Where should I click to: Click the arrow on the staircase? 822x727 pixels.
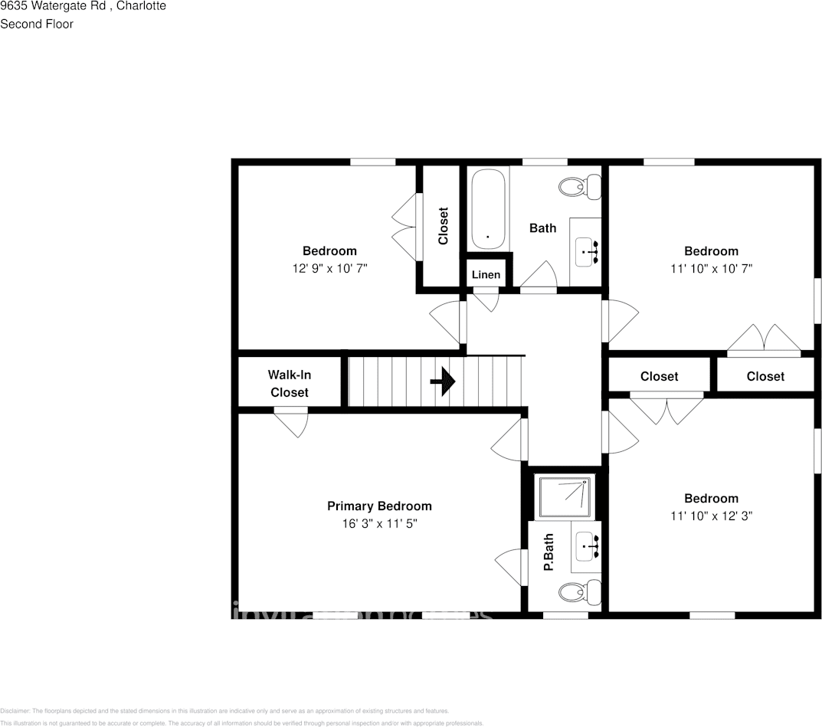point(444,382)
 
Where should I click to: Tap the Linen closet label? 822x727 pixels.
point(486,275)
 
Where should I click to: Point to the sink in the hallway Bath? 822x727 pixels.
point(588,251)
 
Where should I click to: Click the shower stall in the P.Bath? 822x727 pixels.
point(565,496)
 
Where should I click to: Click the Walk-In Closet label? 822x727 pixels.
point(289,384)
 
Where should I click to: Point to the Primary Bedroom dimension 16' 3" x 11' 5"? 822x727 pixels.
point(379,524)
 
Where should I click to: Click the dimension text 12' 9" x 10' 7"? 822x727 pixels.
point(329,269)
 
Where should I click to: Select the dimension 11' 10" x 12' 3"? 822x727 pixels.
point(711,516)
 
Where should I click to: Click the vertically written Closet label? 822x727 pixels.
point(443,227)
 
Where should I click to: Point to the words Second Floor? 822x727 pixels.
point(37,24)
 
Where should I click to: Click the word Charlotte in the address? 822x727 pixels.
point(140,6)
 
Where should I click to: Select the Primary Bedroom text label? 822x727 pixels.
point(379,506)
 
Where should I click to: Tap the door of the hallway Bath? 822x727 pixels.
point(539,277)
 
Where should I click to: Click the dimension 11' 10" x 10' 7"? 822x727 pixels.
point(711,269)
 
